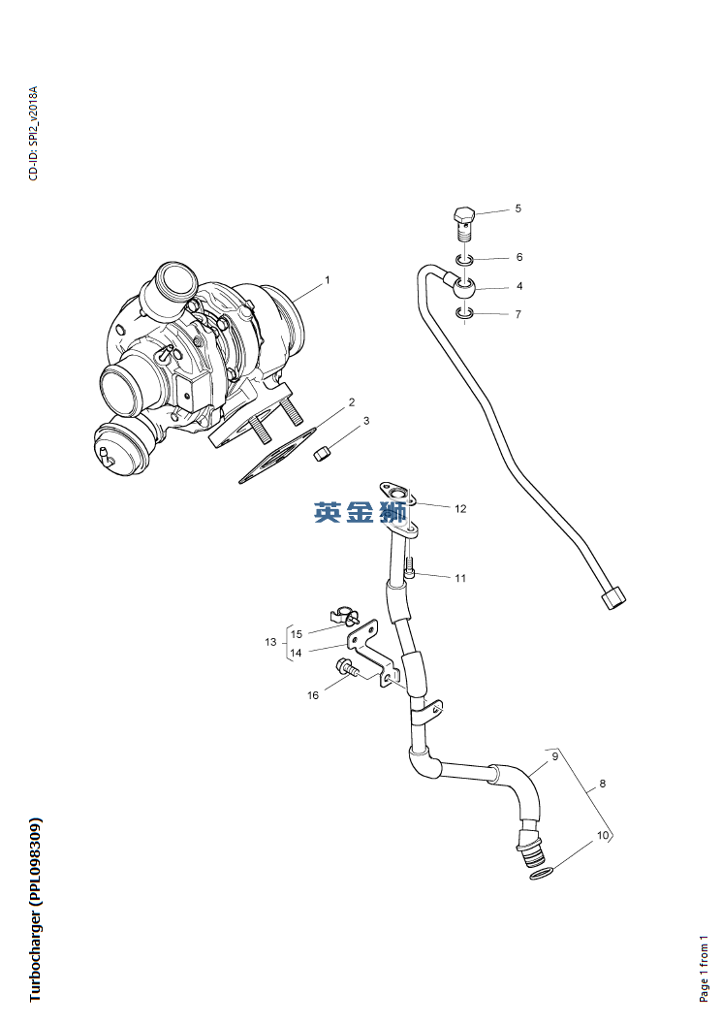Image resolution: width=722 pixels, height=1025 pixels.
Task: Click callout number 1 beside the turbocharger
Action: [328, 280]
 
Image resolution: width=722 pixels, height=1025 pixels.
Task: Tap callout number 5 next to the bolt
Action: [518, 208]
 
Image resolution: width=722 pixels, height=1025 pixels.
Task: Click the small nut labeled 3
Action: [326, 452]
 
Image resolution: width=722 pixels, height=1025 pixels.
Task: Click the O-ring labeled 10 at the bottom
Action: [544, 876]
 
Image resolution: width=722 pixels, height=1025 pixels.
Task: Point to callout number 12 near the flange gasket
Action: [460, 508]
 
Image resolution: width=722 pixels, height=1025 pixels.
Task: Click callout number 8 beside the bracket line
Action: [603, 784]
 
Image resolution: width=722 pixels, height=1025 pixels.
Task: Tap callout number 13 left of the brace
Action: [270, 642]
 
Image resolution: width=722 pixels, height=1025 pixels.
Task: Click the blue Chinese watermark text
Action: [360, 512]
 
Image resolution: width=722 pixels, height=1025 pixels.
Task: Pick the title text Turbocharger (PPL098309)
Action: [36, 910]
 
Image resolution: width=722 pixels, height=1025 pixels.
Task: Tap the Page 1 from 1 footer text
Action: [705, 967]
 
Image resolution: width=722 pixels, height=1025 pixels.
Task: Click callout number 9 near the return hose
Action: [555, 755]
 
